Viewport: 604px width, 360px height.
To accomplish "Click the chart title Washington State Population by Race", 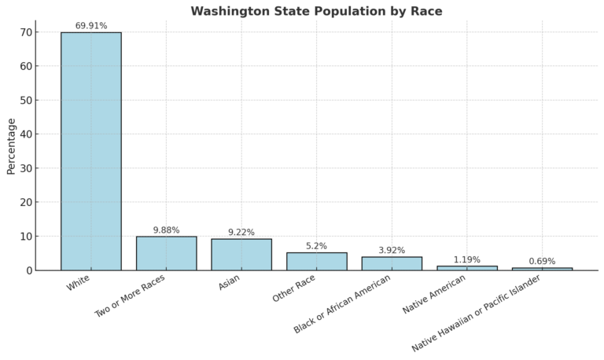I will [316, 11].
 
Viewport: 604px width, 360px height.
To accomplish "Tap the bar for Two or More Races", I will [166, 253].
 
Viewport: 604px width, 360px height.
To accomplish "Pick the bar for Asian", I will [241, 255].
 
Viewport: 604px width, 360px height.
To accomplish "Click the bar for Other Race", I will [316, 261].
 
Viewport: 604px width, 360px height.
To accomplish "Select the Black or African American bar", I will [392, 263].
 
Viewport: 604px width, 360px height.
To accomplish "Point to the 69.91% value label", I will [91, 26].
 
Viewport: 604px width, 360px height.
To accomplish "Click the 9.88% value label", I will [166, 230].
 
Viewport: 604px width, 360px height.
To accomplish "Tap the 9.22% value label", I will [241, 233].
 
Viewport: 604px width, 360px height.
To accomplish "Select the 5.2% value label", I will [316, 246].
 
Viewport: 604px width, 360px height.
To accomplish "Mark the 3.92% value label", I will [392, 251].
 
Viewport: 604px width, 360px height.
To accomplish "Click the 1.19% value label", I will [466, 260].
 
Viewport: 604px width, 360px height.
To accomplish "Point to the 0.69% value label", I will [542, 262].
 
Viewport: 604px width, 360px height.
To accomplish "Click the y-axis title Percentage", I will [11, 146].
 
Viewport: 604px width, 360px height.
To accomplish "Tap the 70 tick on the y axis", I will [25, 32].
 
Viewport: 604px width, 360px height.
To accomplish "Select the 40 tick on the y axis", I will [25, 134].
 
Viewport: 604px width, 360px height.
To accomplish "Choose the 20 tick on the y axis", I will [25, 202].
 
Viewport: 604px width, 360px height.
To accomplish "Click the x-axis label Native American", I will [434, 295].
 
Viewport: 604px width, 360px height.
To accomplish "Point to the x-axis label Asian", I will [229, 283].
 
